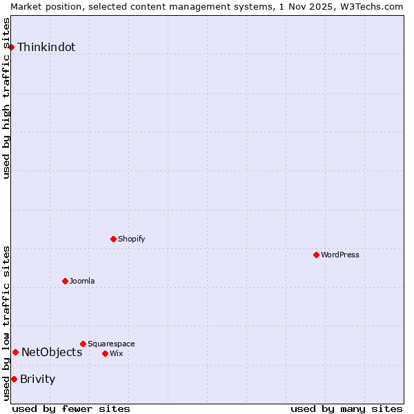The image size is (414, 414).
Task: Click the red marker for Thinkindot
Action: click(12, 47)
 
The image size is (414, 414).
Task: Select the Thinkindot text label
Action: click(46, 48)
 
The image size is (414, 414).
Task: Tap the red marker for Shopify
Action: click(114, 239)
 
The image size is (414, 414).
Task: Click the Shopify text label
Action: click(131, 239)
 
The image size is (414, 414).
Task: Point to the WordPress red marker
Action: click(317, 255)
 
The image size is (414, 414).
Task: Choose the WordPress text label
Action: click(340, 255)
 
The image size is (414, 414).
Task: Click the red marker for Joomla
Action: click(66, 281)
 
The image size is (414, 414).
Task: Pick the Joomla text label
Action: click(82, 282)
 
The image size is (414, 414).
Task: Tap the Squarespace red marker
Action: click(83, 344)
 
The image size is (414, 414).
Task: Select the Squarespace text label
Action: click(111, 344)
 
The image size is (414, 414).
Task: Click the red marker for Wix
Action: click(106, 353)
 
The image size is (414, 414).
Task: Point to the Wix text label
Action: click(117, 354)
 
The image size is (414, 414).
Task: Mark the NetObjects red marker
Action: click(15, 352)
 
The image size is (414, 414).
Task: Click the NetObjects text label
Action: click(52, 353)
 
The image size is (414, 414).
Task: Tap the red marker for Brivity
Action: click(14, 379)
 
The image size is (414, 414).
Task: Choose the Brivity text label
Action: click(38, 379)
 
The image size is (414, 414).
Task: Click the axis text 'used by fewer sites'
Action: click(71, 408)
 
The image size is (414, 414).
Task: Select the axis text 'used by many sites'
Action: click(346, 408)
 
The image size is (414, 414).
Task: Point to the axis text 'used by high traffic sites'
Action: click(6, 98)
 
